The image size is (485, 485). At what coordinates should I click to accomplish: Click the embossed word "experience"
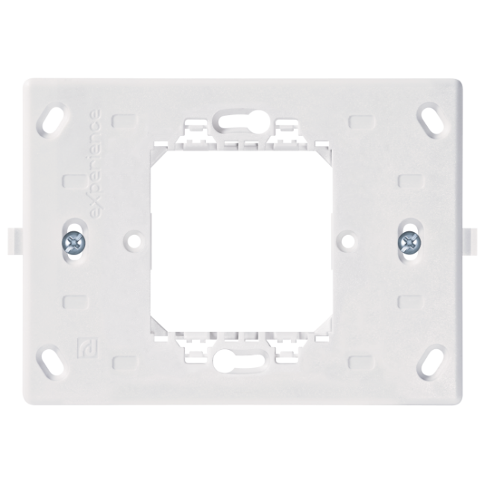click(94, 166)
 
